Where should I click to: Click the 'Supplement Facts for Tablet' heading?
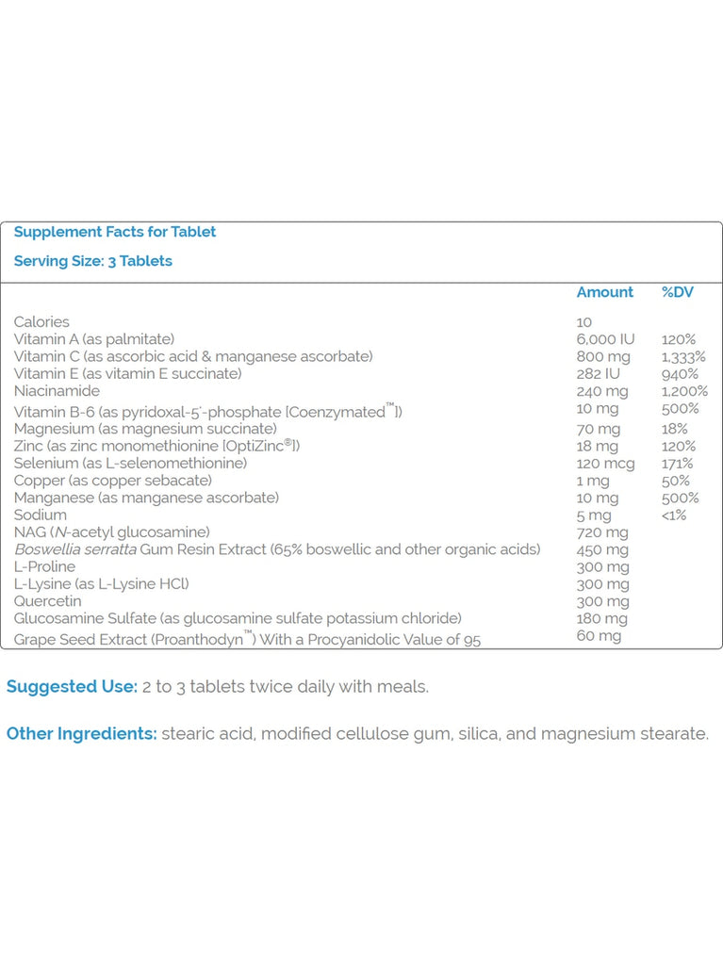114,232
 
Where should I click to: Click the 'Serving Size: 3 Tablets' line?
92,261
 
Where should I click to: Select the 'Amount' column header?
604,292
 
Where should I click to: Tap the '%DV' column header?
677,292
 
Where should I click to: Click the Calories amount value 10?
584,322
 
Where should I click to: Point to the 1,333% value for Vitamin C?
682,356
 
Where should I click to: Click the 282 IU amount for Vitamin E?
598,374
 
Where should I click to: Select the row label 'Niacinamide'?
57,391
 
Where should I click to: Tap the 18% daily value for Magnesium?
675,429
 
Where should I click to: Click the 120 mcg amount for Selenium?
605,464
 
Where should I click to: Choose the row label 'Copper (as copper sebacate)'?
112,481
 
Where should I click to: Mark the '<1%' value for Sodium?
674,515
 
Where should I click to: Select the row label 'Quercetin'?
47,601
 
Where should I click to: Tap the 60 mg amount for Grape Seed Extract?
599,636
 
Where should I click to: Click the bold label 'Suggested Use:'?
72,686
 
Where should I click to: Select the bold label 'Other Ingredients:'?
82,733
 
